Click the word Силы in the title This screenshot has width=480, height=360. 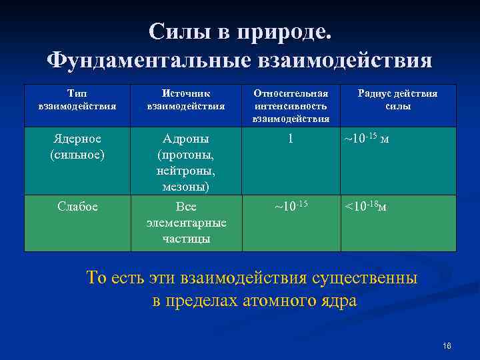[174, 31]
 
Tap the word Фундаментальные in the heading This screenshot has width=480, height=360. [149, 61]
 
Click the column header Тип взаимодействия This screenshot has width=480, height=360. [77, 99]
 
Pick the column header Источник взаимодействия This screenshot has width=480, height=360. [186, 99]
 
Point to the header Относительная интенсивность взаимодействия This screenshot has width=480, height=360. [291, 105]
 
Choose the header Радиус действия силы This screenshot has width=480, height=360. [398, 99]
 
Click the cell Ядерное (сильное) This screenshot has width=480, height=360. [77, 146]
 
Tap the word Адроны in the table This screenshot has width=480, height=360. [186, 139]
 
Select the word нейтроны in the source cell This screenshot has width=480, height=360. [186, 171]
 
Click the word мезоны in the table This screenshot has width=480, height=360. [186, 187]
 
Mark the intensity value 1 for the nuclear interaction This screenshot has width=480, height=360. [291, 139]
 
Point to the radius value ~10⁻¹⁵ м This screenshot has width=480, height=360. [366, 139]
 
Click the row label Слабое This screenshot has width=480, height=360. [77, 207]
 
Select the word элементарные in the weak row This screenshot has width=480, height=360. [186, 223]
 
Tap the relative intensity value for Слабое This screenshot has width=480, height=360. [291, 206]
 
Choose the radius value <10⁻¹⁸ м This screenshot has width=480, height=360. [365, 207]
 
